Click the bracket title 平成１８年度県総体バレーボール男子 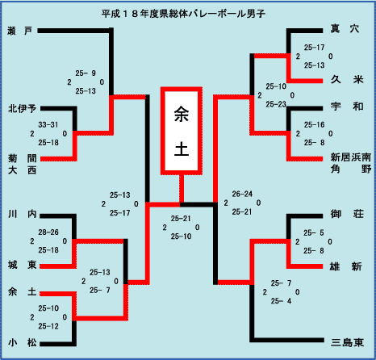click(183, 14)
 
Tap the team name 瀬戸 click(20, 31)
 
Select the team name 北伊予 click(22, 108)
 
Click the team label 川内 click(23, 214)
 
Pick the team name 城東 click(23, 265)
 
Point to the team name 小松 click(23, 342)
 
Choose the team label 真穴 click(345, 28)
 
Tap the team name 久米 click(347, 79)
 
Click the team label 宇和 click(347, 107)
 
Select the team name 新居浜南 click(351, 157)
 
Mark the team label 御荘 click(347, 214)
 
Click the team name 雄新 click(346, 266)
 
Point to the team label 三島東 click(348, 342)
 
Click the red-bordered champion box click(182, 131)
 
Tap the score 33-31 click(48, 124)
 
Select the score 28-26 click(48, 232)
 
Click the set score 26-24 click(242, 194)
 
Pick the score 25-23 click(276, 104)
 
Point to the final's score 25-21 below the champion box click(181, 219)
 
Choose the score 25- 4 click(281, 301)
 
